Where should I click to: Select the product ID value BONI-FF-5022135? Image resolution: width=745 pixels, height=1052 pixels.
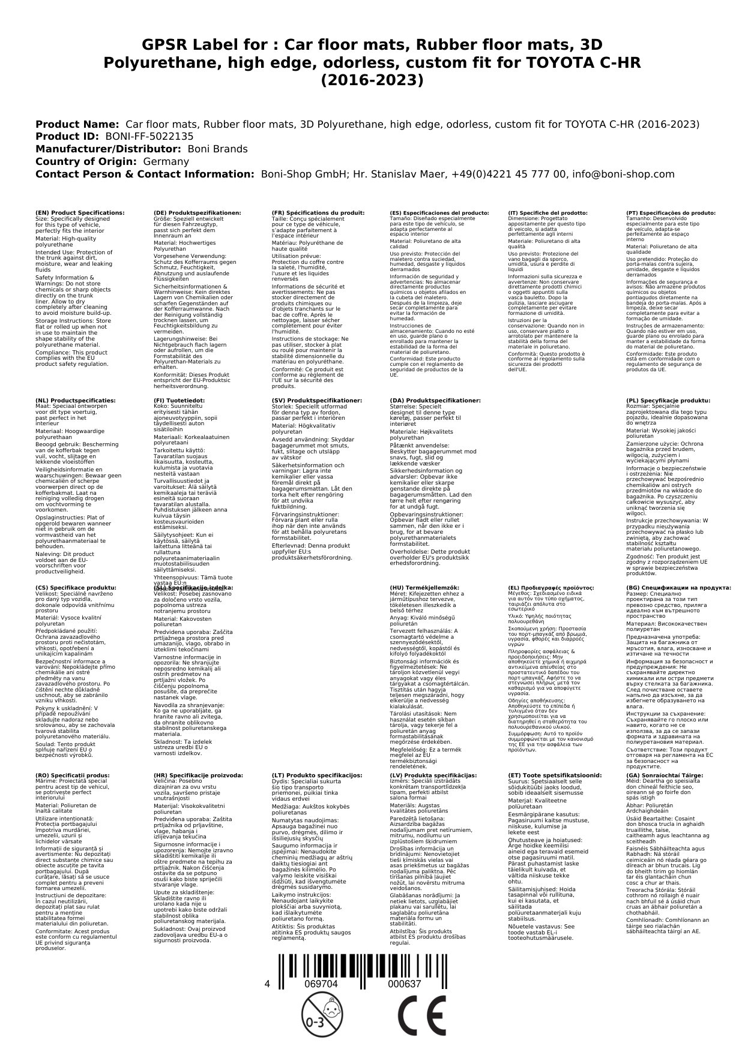click(x=149, y=137)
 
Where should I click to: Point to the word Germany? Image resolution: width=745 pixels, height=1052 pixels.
click(x=166, y=161)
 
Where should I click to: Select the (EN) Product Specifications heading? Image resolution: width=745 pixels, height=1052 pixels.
click(x=80, y=213)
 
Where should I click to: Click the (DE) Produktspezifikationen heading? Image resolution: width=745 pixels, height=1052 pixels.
click(x=198, y=213)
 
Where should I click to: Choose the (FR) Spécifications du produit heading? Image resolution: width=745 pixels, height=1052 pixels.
click(x=318, y=213)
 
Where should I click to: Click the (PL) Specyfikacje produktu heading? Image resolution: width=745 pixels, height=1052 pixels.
click(x=668, y=401)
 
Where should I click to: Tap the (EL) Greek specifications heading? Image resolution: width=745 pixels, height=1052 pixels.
click(x=550, y=588)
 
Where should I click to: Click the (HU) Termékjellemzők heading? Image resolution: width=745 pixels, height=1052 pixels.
click(x=424, y=588)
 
